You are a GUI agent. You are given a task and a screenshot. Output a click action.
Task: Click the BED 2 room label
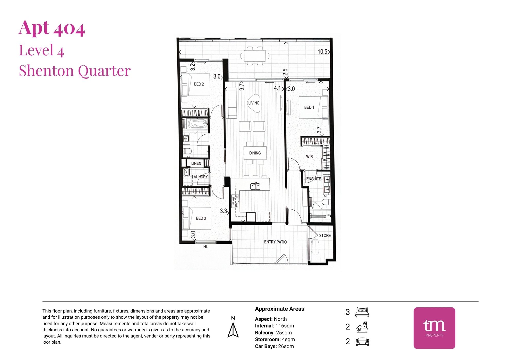click(199, 84)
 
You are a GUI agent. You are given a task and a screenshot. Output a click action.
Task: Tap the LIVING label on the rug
click(254, 103)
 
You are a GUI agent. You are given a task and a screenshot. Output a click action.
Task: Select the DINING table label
click(255, 153)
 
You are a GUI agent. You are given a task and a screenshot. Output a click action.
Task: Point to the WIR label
click(309, 157)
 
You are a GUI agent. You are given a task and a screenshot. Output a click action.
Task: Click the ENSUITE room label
click(313, 179)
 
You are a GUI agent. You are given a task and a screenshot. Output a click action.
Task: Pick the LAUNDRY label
click(200, 177)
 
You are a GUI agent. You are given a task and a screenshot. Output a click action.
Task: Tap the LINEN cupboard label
click(196, 163)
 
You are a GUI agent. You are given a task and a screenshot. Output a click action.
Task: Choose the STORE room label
click(325, 235)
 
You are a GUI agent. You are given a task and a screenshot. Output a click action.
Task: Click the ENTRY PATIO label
click(275, 242)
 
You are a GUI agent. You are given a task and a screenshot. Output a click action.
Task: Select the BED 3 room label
click(201, 218)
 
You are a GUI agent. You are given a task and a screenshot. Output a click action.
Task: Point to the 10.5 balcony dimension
click(322, 51)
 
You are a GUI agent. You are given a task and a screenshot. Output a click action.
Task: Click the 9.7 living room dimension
click(242, 86)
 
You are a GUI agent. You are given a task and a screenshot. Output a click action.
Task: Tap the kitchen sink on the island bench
click(255, 186)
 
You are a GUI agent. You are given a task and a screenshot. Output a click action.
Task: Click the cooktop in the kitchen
click(235, 201)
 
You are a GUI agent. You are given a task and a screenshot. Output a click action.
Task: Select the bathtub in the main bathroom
click(197, 124)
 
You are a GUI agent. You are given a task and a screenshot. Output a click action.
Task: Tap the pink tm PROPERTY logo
click(434, 328)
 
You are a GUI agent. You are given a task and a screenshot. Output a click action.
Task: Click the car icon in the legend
click(362, 342)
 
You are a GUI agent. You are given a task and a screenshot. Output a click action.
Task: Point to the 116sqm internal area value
click(285, 326)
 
